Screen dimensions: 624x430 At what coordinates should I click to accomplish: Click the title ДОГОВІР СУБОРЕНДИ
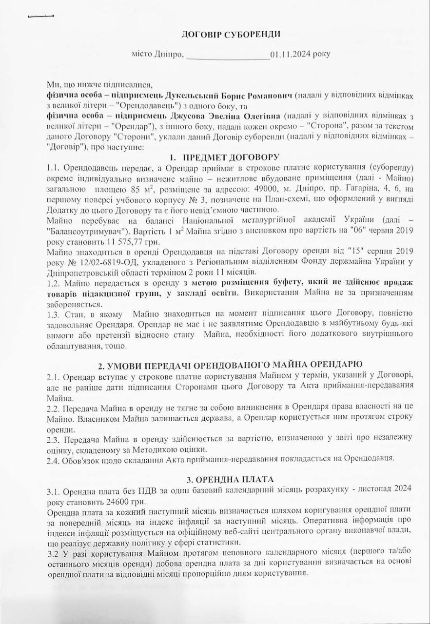click(231, 34)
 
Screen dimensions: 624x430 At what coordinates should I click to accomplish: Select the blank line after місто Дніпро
click(228, 55)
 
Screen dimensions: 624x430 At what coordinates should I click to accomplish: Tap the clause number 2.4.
click(53, 460)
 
